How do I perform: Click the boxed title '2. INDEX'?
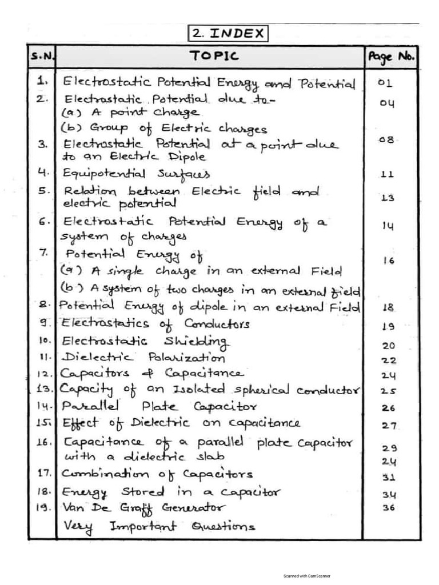tap(228, 33)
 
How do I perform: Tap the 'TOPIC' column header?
tap(214, 56)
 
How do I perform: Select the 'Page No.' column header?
tap(391, 57)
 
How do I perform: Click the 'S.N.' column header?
tap(42, 57)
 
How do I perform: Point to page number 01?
tap(385, 83)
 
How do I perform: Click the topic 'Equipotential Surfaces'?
tap(136, 173)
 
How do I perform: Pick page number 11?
tap(387, 175)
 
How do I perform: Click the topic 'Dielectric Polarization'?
tap(143, 358)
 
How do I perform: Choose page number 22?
tap(389, 360)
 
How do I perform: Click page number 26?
tap(389, 408)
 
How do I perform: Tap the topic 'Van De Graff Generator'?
tap(143, 508)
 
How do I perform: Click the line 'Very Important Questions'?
tap(159, 526)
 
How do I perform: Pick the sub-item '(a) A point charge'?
tap(130, 113)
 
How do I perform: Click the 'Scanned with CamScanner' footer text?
tap(306, 576)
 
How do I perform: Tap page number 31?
tap(389, 477)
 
